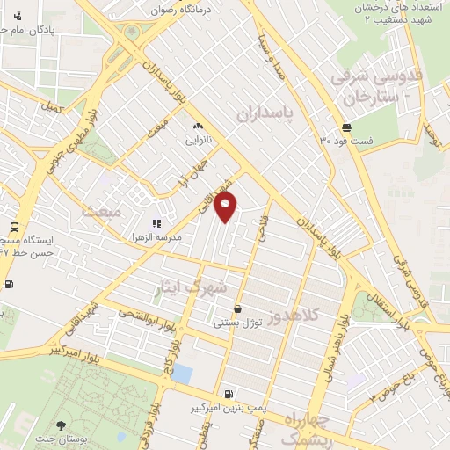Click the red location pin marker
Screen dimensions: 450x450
tap(227, 207)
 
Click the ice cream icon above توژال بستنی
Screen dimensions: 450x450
tap(239, 308)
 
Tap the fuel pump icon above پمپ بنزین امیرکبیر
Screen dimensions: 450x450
tap(229, 394)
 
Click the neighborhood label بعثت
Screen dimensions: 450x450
tap(99, 211)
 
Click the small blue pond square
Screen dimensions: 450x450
tap(182, 373)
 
